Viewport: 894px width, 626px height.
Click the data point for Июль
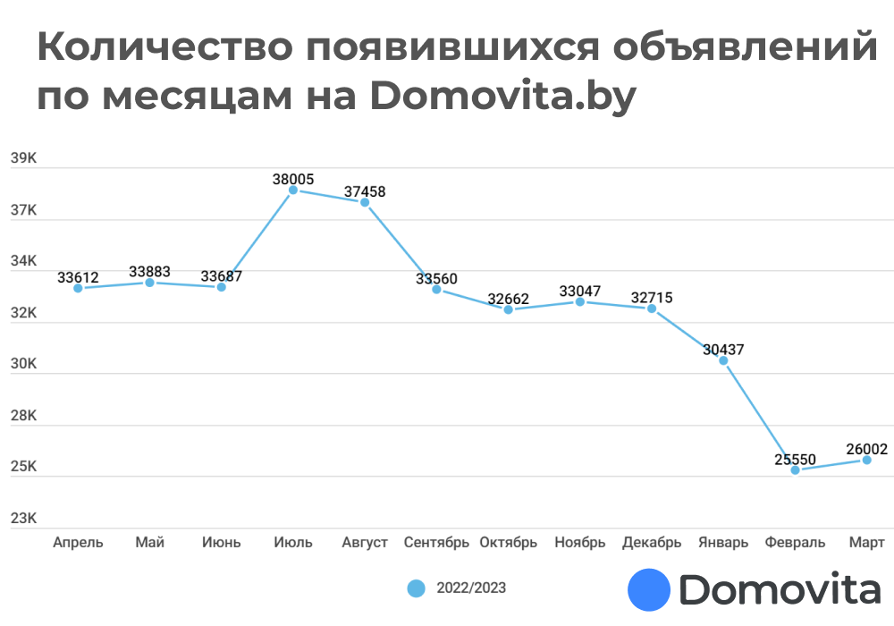click(x=293, y=190)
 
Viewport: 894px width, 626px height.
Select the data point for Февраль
click(x=795, y=469)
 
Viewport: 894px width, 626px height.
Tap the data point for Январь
click(x=723, y=360)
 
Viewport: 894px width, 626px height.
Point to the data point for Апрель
click(x=79, y=288)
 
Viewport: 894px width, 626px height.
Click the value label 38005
click(x=293, y=180)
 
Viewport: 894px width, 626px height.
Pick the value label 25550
click(x=795, y=460)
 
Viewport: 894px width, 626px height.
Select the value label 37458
click(x=365, y=191)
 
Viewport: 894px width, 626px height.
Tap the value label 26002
click(x=866, y=449)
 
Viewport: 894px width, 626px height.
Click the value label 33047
click(x=580, y=291)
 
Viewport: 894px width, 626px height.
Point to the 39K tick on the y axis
click(x=23, y=159)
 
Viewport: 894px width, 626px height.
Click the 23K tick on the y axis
click(x=23, y=519)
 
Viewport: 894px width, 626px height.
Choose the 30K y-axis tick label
click(x=23, y=365)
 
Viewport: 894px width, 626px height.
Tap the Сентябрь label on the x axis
click(x=436, y=543)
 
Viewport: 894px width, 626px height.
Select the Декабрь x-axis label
click(x=652, y=543)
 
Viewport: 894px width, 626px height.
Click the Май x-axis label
click(x=149, y=543)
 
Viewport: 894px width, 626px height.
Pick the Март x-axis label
click(x=866, y=543)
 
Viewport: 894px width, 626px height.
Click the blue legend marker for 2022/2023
click(x=416, y=588)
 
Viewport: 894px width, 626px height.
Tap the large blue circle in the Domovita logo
click(x=649, y=590)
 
